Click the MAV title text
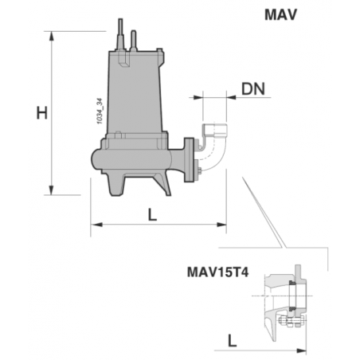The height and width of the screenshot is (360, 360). pyautogui.click(x=280, y=14)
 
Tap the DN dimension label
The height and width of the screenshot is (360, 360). pyautogui.click(x=254, y=88)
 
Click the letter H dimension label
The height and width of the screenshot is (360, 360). pyautogui.click(x=42, y=113)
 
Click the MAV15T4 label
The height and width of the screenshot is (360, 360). pyautogui.click(x=217, y=271)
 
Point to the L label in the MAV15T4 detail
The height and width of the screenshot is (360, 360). pyautogui.click(x=231, y=339)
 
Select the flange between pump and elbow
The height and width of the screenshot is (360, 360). pyautogui.click(x=190, y=159)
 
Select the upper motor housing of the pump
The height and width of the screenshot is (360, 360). pyautogui.click(x=134, y=96)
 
